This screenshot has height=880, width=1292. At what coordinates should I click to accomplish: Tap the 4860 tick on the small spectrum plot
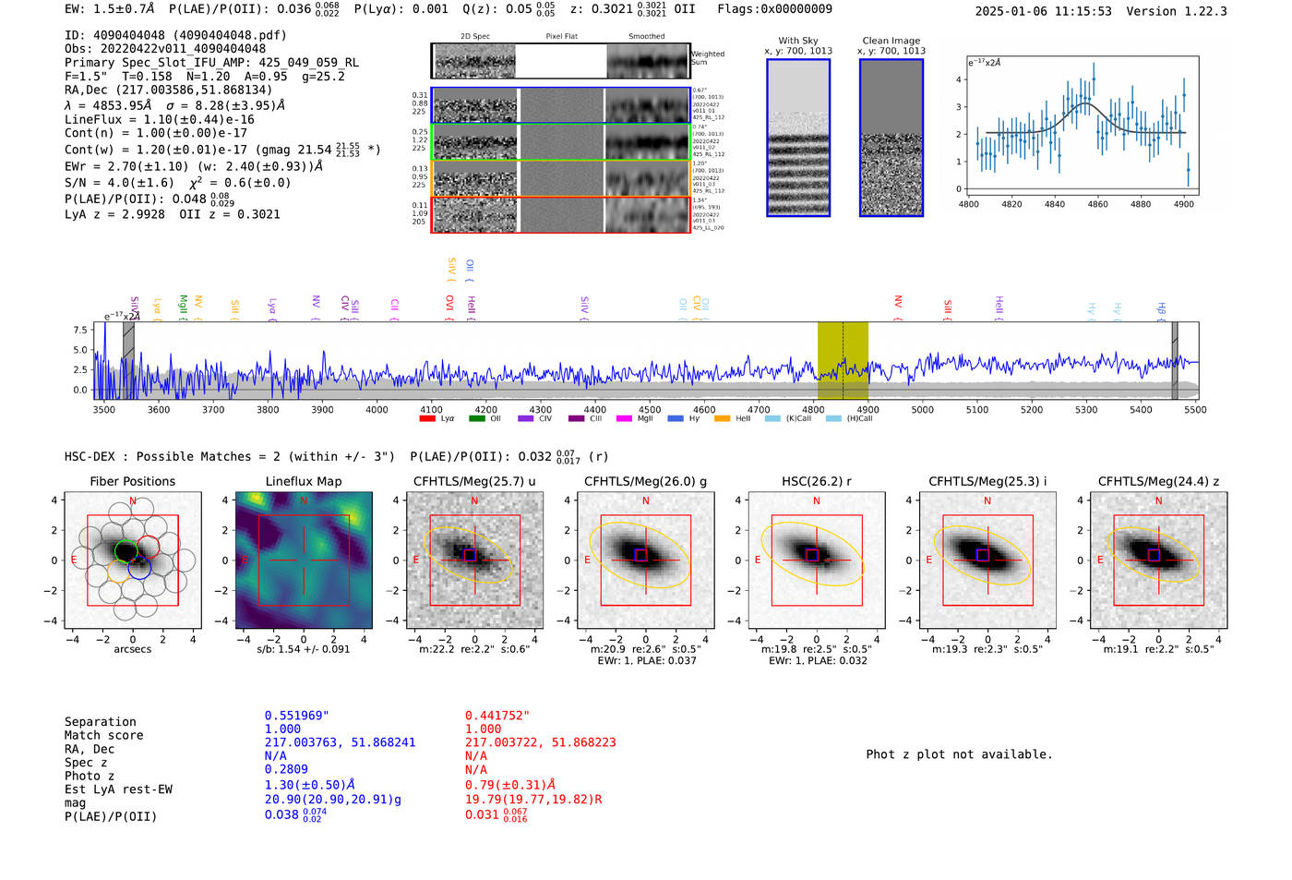(x=1097, y=204)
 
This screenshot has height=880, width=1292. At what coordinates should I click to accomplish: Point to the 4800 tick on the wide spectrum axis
(x=813, y=410)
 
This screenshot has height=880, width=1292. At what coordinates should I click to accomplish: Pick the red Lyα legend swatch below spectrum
(x=427, y=419)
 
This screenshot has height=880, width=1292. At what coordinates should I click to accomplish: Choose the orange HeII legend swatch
(x=722, y=419)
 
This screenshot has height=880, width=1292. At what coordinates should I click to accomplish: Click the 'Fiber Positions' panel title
(x=132, y=481)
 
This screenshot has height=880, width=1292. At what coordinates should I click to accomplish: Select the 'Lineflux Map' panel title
(x=304, y=481)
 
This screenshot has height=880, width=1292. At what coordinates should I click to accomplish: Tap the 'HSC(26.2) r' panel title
(x=816, y=481)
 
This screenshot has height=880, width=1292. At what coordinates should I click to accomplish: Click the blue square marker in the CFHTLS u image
(x=470, y=555)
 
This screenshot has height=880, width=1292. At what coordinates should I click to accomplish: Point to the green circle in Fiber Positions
(x=126, y=551)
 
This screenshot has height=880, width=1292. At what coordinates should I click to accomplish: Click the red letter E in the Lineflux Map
(x=245, y=561)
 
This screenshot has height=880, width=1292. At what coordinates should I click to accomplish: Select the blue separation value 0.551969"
(x=296, y=716)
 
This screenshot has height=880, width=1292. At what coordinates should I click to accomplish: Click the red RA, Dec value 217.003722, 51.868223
(x=540, y=742)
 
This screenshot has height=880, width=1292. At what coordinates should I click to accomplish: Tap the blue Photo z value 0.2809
(x=286, y=769)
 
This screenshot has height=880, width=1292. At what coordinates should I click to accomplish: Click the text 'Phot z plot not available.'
(x=959, y=754)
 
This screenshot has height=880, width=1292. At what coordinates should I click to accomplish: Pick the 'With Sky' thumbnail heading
(x=797, y=41)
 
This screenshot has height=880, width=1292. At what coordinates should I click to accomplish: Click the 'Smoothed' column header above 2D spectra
(x=646, y=37)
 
